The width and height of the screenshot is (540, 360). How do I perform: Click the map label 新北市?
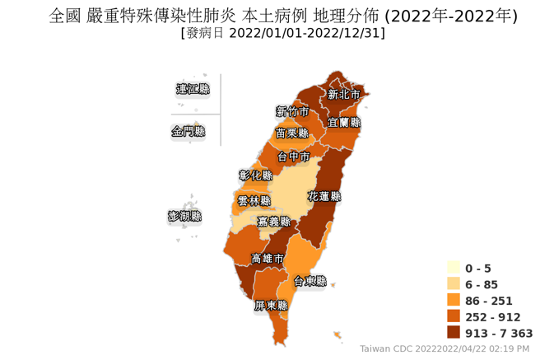coord(343,95)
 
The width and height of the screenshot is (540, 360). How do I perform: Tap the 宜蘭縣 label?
coord(344,122)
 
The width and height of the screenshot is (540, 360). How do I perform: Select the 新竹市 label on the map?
coord(292,111)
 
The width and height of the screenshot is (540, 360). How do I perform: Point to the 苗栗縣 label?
coord(291,133)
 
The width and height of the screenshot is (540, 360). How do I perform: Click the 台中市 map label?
coord(293,156)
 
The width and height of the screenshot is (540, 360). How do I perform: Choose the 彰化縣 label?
coord(255,175)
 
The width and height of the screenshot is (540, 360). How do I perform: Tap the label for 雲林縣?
coord(254,201)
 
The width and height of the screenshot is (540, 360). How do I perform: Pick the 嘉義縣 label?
coord(273,222)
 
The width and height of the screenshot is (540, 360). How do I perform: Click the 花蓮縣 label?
coord(324,197)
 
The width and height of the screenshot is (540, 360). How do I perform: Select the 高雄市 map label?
coord(268,259)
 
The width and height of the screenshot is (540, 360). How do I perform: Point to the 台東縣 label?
coord(310,281)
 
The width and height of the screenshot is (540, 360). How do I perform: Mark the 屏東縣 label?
coord(271,306)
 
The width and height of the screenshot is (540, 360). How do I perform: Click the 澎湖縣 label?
coord(184,217)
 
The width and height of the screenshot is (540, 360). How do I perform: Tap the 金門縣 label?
coord(188,131)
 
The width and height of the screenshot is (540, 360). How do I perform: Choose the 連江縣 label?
coord(193,89)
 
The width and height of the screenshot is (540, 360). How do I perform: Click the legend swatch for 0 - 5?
coord(454,268)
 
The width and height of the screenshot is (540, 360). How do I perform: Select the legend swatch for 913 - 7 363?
coord(454,333)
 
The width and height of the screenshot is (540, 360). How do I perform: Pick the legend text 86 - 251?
coord(488,301)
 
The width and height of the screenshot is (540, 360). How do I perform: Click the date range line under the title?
coord(282,33)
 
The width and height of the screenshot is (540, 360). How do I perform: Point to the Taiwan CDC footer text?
coord(445,349)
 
